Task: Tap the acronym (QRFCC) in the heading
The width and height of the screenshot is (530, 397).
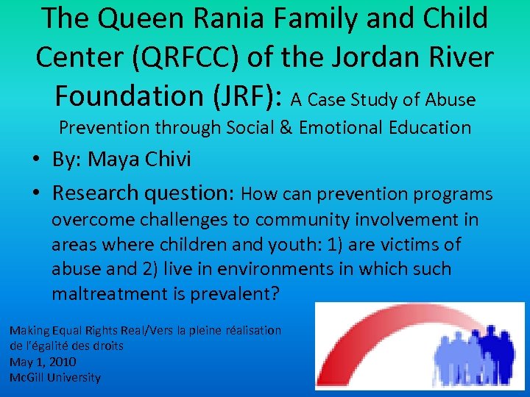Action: coord(184,56)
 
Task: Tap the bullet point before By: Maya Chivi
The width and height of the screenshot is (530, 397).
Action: coord(36,160)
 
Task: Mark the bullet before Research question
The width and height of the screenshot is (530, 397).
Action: coord(36,193)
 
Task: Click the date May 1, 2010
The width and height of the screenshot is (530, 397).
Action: coord(43,362)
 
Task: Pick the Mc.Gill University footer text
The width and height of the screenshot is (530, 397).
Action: coord(55,377)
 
